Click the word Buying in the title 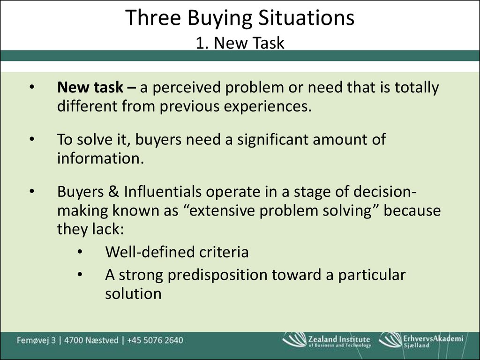[x=219, y=18]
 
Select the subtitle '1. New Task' [x=240, y=43]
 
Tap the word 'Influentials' [x=163, y=192]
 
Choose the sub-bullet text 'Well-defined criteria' [x=177, y=252]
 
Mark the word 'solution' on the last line [x=133, y=293]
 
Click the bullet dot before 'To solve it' [x=32, y=139]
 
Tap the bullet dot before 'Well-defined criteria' [x=80, y=252]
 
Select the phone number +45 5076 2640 [x=155, y=340]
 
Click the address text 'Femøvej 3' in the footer [x=37, y=340]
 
